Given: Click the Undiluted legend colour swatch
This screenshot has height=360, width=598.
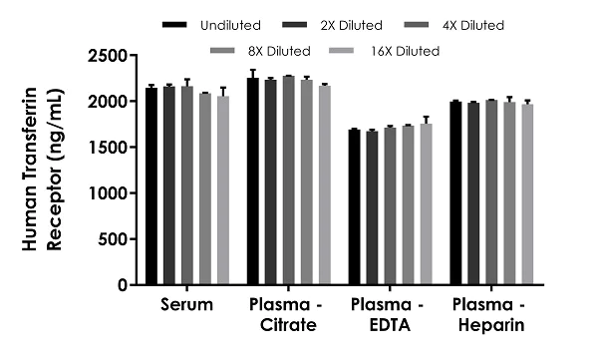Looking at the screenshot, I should pyautogui.click(x=175, y=23).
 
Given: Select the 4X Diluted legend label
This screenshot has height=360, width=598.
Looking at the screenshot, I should pyautogui.click(x=473, y=23).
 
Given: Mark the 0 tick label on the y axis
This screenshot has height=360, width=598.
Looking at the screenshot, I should pyautogui.click(x=123, y=285).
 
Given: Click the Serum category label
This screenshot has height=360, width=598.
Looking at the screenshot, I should pyautogui.click(x=186, y=304).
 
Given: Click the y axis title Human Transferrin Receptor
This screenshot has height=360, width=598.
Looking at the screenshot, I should pyautogui.click(x=40, y=170).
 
